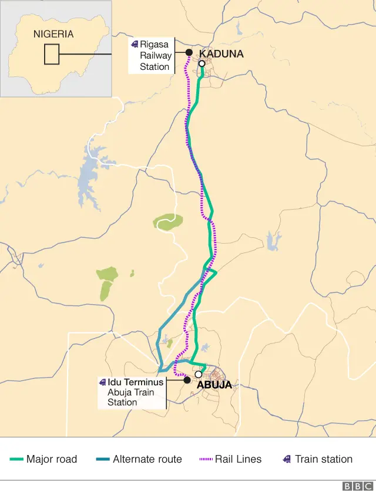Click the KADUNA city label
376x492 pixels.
[221, 54]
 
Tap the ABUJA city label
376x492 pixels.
[214, 385]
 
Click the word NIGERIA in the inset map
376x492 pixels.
[53, 34]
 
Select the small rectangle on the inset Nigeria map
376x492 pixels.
[52, 55]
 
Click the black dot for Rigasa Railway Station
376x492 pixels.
[189, 52]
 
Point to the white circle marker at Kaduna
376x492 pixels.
[202, 63]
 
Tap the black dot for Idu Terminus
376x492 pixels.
[187, 380]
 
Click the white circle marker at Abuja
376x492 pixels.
[199, 374]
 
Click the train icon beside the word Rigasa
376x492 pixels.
[135, 44]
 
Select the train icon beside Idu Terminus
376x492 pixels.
[103, 382]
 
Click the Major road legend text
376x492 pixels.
[52, 459]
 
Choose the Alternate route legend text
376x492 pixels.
[147, 459]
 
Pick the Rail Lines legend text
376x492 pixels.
[238, 459]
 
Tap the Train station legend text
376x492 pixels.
[324, 459]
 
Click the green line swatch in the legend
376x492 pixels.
[16, 460]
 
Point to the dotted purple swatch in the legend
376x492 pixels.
[206, 460]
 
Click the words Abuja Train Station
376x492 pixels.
[130, 397]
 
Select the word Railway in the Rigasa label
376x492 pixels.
[156, 56]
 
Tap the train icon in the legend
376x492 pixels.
[287, 459]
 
